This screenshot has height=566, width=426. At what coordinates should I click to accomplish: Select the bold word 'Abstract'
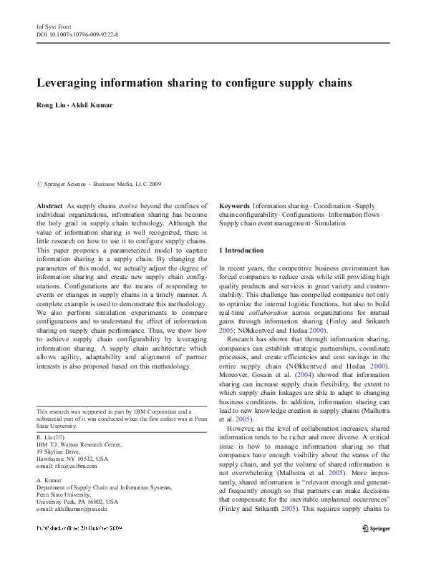[49, 205]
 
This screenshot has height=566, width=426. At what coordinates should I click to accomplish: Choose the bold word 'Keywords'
[235, 205]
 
